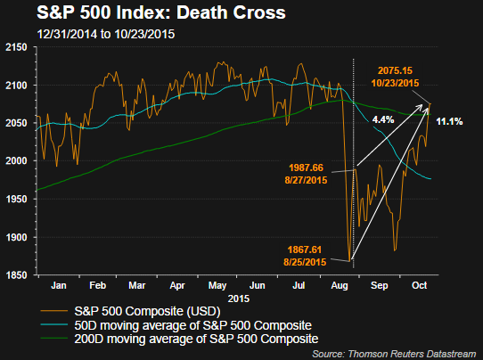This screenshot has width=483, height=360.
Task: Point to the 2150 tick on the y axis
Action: click(x=19, y=46)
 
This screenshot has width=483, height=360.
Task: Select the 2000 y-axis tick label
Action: click(x=19, y=161)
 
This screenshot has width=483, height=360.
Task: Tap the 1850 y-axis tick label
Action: click(x=19, y=275)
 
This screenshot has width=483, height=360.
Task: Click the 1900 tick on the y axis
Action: click(x=19, y=237)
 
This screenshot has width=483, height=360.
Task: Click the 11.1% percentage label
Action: click(x=449, y=121)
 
